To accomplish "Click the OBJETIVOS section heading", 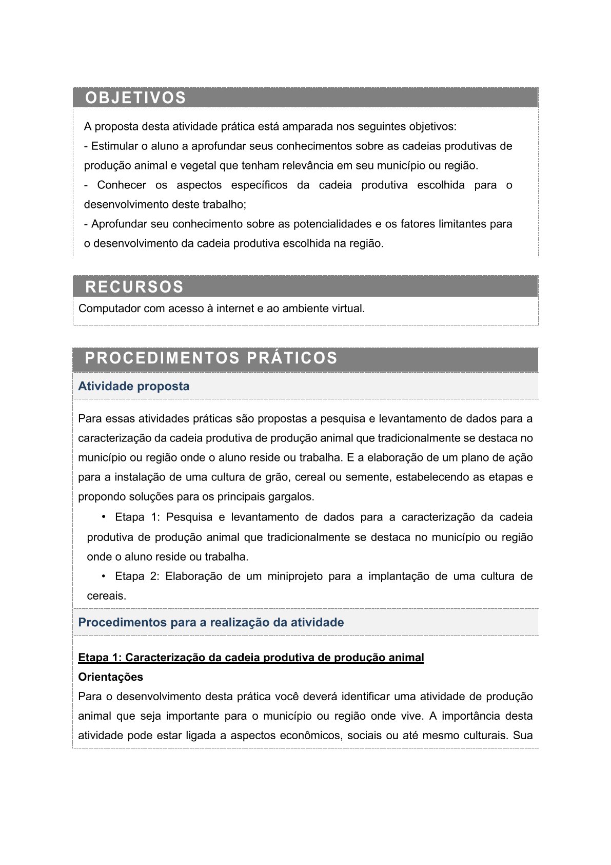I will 135,98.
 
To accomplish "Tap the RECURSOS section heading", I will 134,286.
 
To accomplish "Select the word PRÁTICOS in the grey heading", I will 292,358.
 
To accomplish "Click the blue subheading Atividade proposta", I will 133,386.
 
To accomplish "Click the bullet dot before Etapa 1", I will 104,516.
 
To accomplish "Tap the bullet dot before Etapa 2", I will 104,575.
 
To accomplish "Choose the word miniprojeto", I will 295,576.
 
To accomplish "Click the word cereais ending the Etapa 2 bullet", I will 106,595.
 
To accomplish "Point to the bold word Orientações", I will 110,677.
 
